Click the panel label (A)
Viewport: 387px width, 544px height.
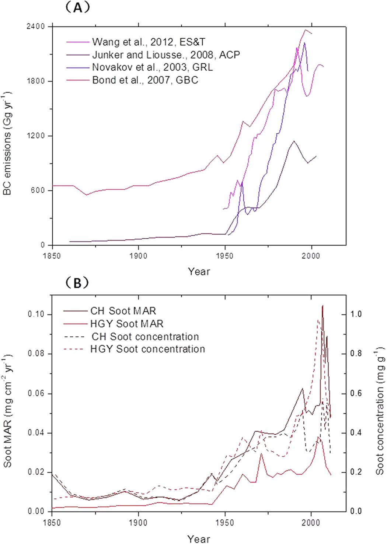coord(77,7)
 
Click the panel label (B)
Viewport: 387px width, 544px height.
coord(77,283)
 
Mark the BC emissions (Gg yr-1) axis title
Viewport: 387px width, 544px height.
coord(8,144)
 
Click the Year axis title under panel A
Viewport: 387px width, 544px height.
coord(199,272)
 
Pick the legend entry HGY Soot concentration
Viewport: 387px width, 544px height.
coord(147,349)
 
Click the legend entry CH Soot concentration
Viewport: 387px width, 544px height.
coord(145,337)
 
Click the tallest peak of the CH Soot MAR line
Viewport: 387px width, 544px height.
coord(322,306)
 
